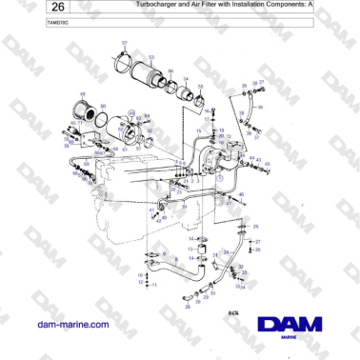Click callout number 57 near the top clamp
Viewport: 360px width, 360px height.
[x=124, y=44]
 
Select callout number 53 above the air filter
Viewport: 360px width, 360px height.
[x=150, y=57]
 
